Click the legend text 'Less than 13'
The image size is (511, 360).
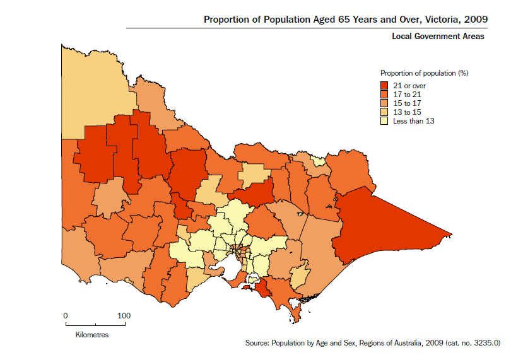pyautogui.click(x=414, y=120)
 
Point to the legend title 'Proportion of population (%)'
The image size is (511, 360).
pyautogui.click(x=424, y=73)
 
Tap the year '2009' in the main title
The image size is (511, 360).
pyautogui.click(x=474, y=19)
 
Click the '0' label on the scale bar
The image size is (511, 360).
pyautogui.click(x=66, y=315)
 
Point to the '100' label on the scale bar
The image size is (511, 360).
pyautogui.click(x=124, y=315)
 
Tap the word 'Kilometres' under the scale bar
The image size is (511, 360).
pyautogui.click(x=92, y=334)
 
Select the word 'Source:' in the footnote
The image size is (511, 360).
pyautogui.click(x=257, y=344)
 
